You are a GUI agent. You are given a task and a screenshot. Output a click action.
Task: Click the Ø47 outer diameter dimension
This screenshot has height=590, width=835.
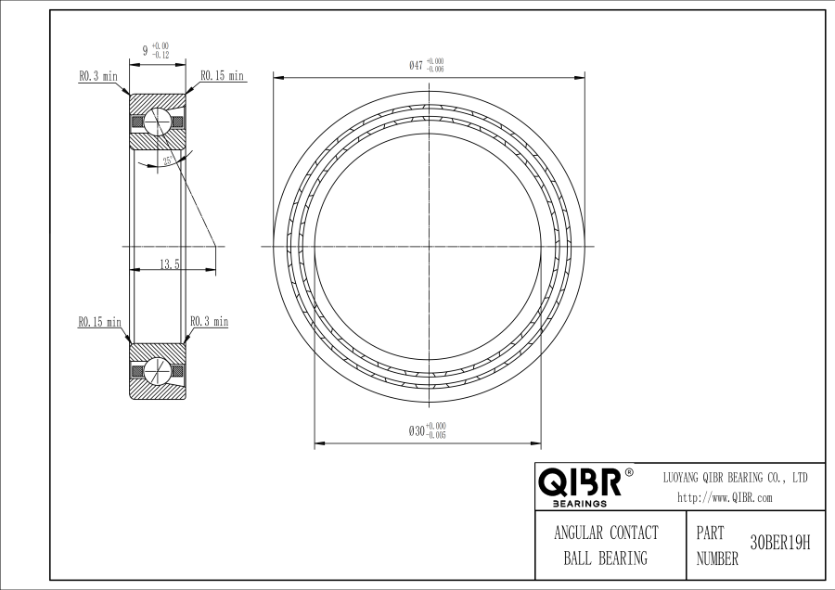[426, 65]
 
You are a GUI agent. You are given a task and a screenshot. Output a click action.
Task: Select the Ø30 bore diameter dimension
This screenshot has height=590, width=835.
[427, 430]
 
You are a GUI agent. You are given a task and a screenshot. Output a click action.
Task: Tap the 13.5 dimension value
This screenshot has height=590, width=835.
[170, 263]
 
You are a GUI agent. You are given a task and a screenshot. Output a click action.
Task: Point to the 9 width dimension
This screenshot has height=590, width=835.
[146, 51]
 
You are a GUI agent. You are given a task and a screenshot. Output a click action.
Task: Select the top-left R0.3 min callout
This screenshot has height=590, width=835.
[98, 76]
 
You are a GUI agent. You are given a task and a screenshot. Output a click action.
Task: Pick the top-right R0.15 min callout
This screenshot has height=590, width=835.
[222, 76]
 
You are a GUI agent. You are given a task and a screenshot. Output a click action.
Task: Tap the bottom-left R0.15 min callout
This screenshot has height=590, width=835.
[99, 322]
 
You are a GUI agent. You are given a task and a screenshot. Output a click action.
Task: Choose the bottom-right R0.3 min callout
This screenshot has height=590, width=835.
[210, 321]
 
